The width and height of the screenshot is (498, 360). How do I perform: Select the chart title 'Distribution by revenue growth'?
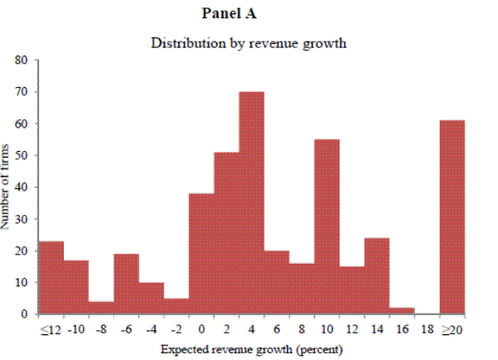point(247,43)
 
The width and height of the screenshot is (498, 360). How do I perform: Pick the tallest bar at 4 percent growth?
point(251,203)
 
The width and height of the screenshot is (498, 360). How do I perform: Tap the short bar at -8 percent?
point(101,308)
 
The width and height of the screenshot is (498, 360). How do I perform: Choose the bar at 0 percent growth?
point(202,254)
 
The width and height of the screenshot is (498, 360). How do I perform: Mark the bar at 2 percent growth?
point(227,233)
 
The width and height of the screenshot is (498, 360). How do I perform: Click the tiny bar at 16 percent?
point(402,311)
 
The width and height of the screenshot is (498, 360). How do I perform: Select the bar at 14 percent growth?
point(377,276)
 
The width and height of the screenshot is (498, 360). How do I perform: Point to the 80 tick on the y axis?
point(22,61)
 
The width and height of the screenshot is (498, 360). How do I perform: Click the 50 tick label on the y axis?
point(22,156)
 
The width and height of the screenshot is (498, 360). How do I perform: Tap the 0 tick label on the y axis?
point(26,314)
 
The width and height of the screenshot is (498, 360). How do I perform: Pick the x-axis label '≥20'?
point(452,330)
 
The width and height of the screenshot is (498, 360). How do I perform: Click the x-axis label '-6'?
point(126,330)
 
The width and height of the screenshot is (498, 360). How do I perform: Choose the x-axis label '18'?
point(427,330)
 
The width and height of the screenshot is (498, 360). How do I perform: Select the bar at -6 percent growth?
point(126,284)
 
